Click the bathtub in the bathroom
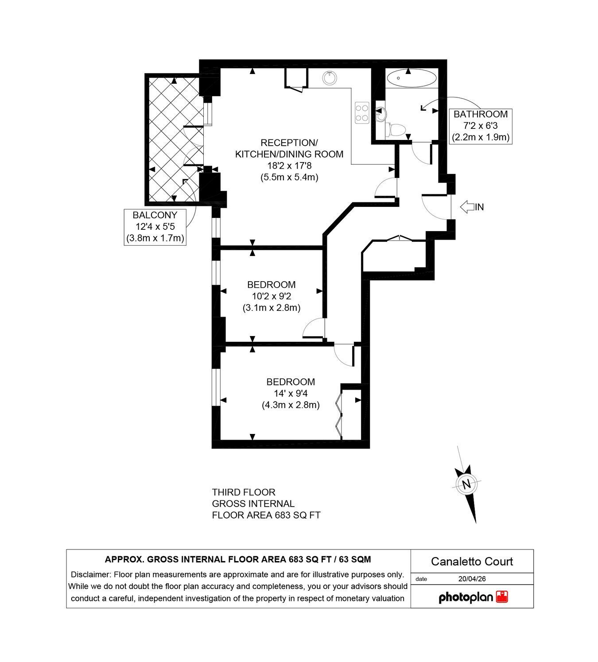(x=411, y=78)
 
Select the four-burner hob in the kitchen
(x=361, y=112)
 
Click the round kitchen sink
(x=330, y=78)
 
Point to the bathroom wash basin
(x=381, y=114)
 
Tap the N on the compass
(x=466, y=484)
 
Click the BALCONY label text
(x=155, y=215)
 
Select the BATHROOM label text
(x=481, y=114)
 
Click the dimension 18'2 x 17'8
(x=289, y=166)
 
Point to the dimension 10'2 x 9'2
(x=272, y=296)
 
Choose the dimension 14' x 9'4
(x=291, y=393)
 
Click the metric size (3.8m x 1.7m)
(x=155, y=238)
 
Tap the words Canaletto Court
(x=472, y=561)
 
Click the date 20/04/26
(x=472, y=579)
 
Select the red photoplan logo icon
(x=502, y=596)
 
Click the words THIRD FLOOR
(x=244, y=492)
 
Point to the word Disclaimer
(x=90, y=575)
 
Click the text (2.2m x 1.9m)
(x=481, y=137)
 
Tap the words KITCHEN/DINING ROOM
(x=289, y=154)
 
